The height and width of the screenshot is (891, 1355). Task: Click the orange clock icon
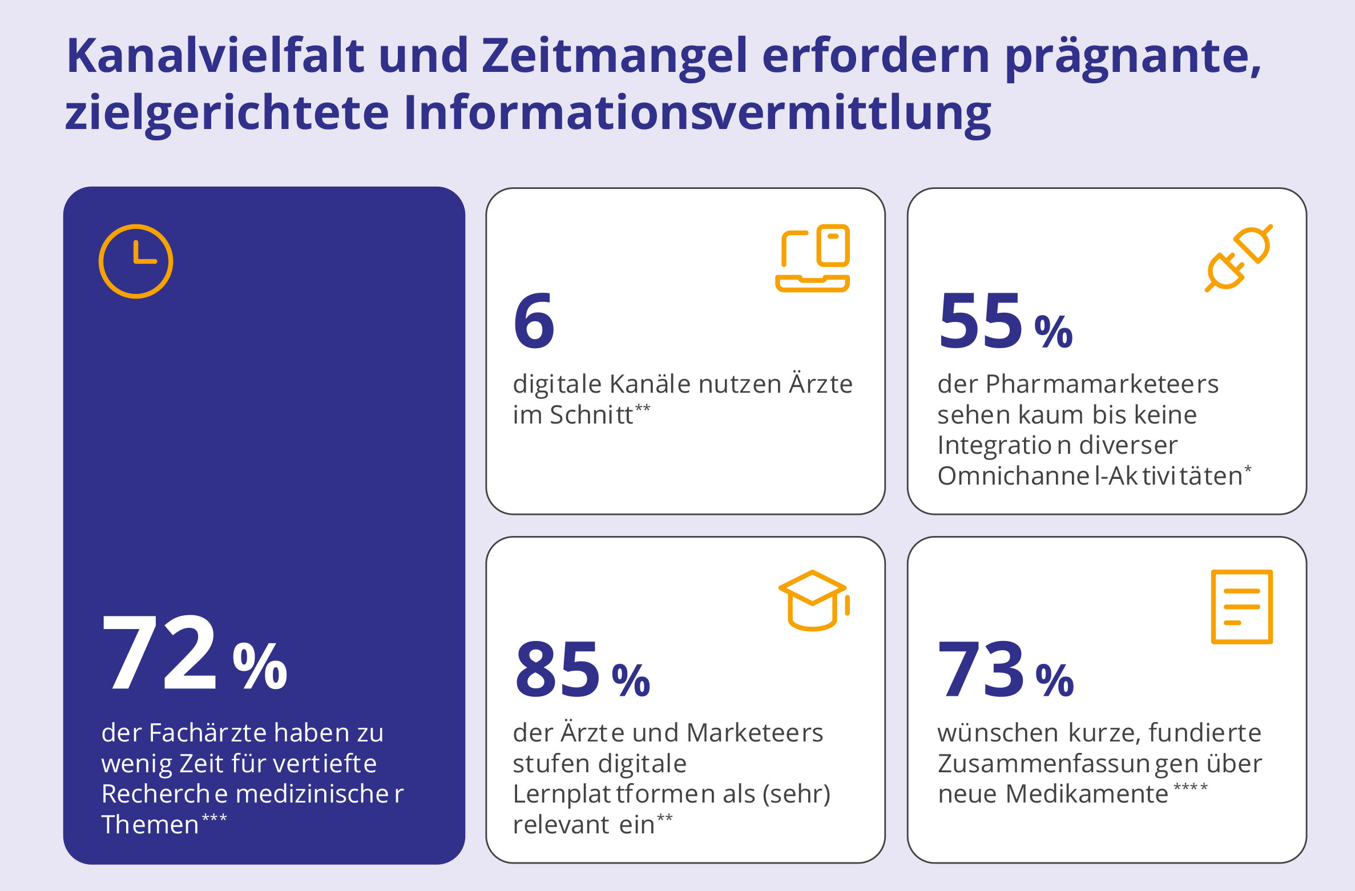[136, 224]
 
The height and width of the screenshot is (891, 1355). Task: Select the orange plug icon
[1238, 258]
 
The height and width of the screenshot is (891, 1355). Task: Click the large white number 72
[159, 652]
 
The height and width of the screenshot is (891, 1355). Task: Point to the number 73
[981, 669]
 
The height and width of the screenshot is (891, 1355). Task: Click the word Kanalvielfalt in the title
[215, 56]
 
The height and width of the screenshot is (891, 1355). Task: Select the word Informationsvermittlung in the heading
[697, 113]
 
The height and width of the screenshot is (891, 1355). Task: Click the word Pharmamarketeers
[1102, 384]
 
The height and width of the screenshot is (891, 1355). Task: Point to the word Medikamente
[1087, 794]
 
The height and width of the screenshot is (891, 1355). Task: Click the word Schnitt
[591, 415]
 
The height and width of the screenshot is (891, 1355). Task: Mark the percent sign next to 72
[260, 666]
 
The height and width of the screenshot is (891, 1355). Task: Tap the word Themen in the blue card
[150, 825]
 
